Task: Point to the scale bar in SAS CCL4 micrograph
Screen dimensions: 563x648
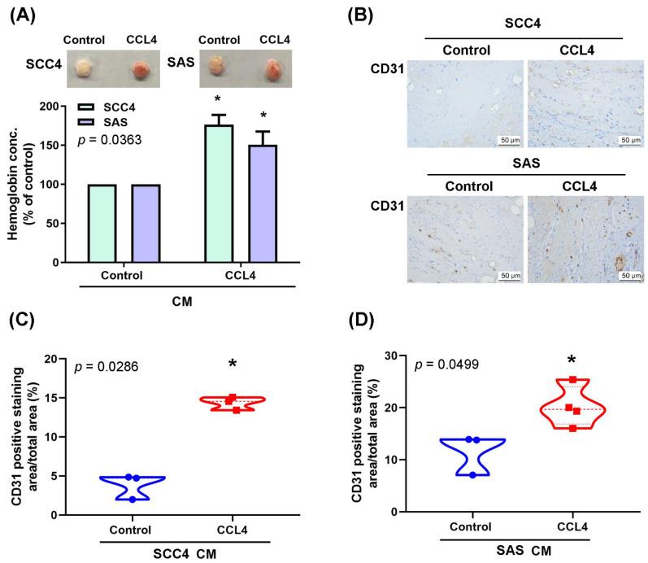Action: pyautogui.click(x=630, y=273)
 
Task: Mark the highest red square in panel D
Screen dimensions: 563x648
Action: pyautogui.click(x=573, y=380)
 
